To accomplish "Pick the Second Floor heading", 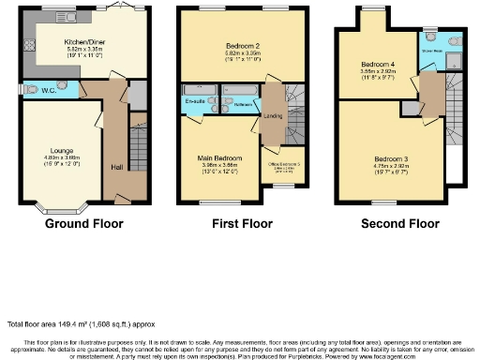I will pos(399,224).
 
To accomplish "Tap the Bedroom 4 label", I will pos(380,65).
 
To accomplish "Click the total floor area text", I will pos(73,323).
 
